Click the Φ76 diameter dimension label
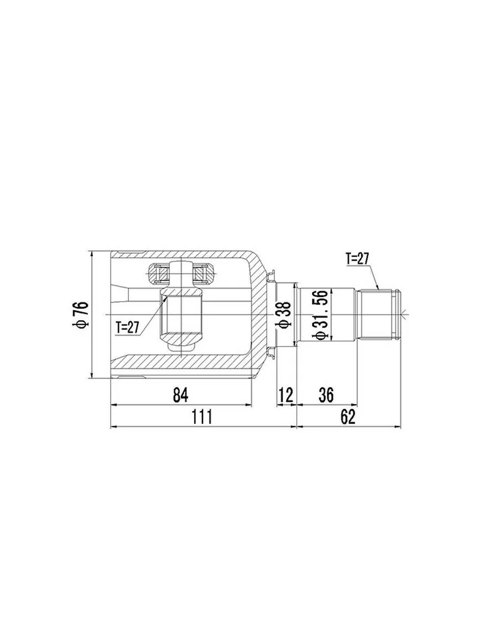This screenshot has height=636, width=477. (80, 314)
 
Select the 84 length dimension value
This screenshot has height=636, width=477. (180, 395)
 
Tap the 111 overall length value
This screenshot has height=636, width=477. (202, 417)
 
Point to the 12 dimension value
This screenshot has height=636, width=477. (286, 395)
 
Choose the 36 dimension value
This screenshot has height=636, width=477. (326, 395)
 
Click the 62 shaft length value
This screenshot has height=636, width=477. (348, 417)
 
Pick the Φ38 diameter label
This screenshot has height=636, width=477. (284, 314)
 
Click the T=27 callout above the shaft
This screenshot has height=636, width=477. (357, 259)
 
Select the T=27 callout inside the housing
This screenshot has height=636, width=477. (127, 328)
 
